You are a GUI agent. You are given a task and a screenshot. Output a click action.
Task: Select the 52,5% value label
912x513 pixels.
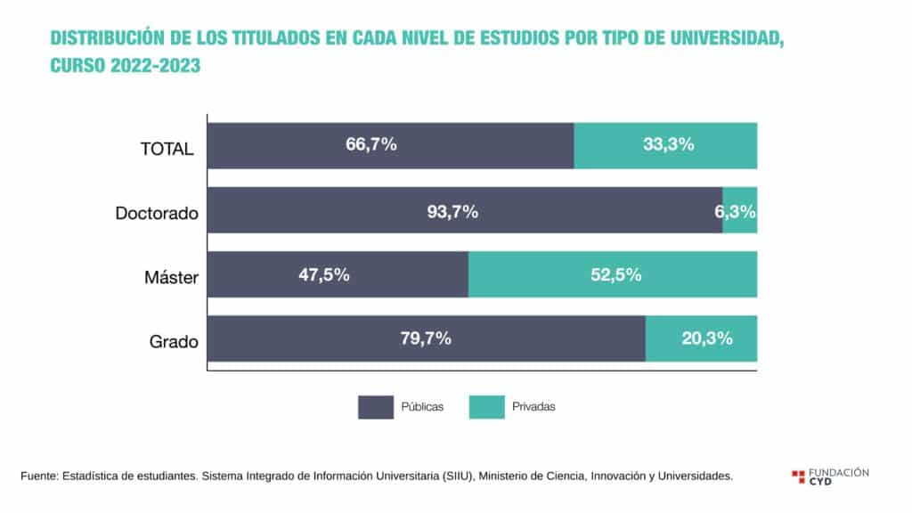(616, 275)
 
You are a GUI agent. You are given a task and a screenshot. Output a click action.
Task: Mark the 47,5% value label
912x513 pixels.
(323, 275)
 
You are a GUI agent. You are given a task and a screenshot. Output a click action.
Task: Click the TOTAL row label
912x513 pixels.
(167, 149)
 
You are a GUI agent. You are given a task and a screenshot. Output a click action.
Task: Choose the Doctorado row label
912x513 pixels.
(157, 214)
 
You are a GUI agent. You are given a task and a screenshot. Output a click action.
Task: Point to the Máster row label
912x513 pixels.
(171, 278)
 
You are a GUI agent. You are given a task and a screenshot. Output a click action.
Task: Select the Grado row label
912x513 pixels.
(174, 342)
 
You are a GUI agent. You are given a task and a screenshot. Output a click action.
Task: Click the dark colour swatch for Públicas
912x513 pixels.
(376, 406)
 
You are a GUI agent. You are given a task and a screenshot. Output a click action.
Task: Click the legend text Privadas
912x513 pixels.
(533, 407)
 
